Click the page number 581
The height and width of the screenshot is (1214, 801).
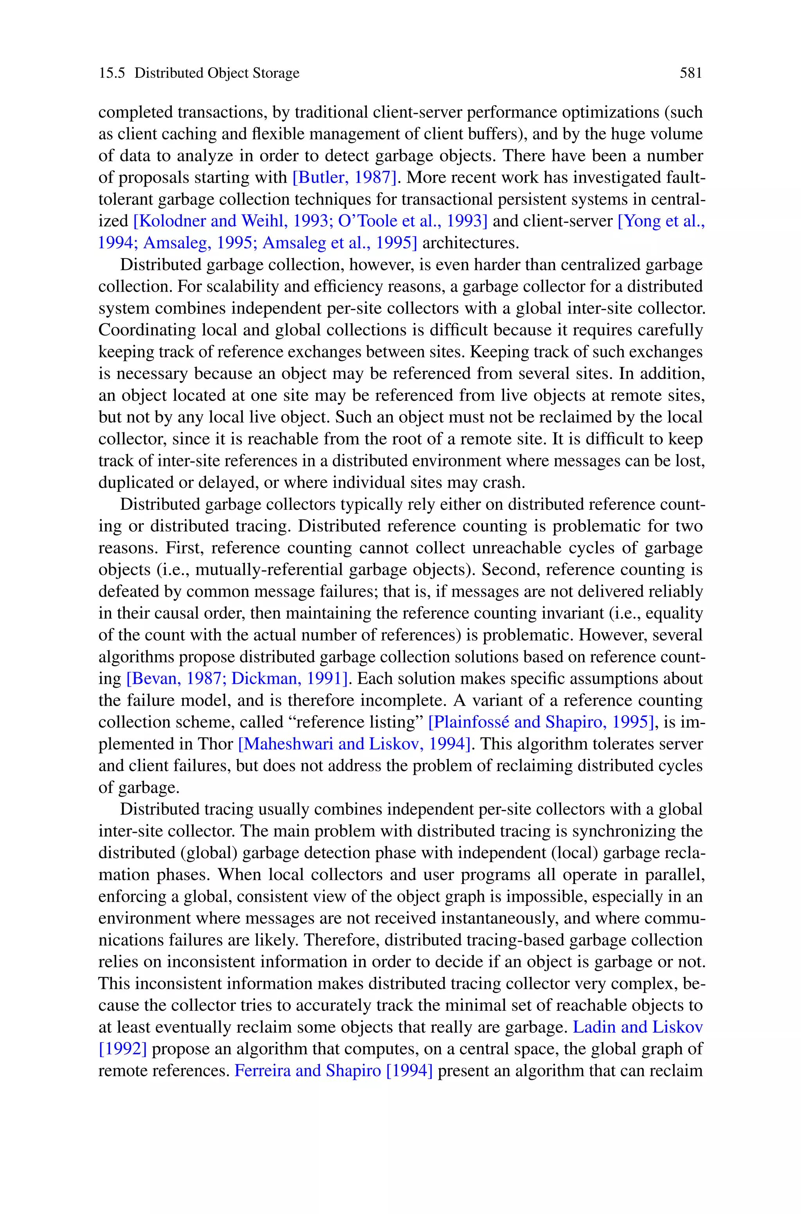pos(691,74)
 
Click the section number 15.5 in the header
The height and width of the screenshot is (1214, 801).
pos(112,74)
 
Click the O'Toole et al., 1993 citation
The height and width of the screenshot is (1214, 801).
pos(412,221)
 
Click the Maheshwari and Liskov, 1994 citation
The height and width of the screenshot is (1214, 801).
pos(354,744)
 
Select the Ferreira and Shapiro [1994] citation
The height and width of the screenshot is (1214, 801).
pos(334,1071)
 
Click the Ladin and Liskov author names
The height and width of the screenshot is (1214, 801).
pos(638,1027)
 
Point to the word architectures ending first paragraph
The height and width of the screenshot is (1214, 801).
pos(470,242)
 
